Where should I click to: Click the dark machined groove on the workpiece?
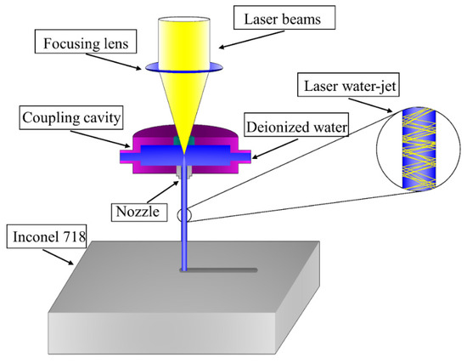[225, 270]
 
